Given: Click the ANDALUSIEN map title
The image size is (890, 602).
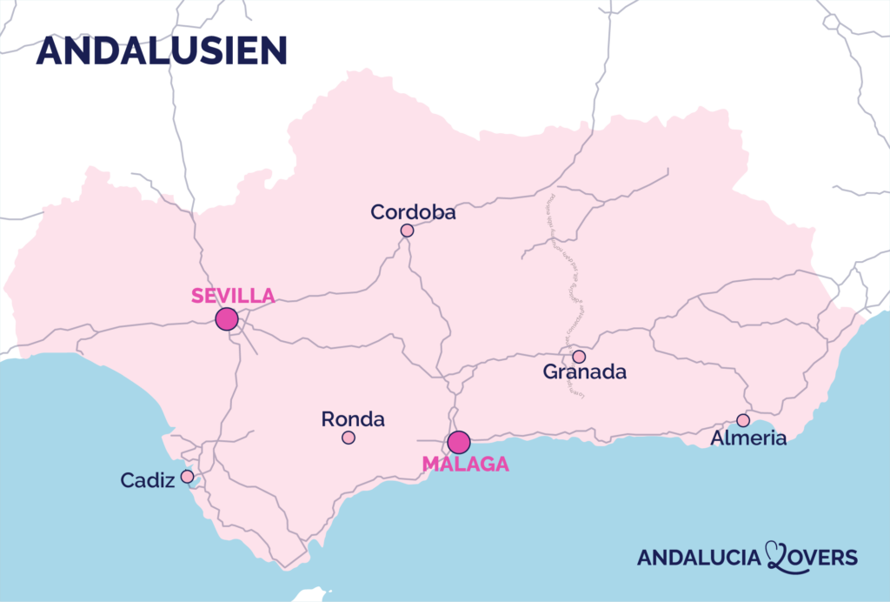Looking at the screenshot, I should [162, 50].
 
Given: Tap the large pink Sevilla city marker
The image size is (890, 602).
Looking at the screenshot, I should [227, 318].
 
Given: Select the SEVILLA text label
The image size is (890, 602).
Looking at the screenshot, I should [233, 295].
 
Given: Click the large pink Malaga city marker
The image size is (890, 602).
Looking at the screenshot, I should [459, 442].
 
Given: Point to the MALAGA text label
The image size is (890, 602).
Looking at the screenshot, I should [466, 465].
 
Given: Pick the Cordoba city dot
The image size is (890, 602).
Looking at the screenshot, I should [407, 231].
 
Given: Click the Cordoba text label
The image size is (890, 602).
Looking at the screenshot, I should [413, 212].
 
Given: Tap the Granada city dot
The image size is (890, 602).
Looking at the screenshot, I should [579, 357].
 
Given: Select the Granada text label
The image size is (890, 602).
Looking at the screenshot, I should [585, 372].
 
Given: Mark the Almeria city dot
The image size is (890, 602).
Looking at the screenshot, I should [743, 420].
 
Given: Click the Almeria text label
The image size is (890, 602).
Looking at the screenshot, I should [748, 438].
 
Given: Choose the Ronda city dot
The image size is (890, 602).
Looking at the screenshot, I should [349, 438].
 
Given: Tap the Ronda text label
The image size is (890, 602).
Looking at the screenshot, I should [353, 419].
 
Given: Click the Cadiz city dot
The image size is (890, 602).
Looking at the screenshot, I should [187, 477].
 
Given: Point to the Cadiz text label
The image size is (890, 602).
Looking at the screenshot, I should [148, 480].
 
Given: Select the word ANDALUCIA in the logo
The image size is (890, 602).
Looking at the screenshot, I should [699, 558].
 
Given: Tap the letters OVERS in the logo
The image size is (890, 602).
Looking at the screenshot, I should [824, 558].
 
